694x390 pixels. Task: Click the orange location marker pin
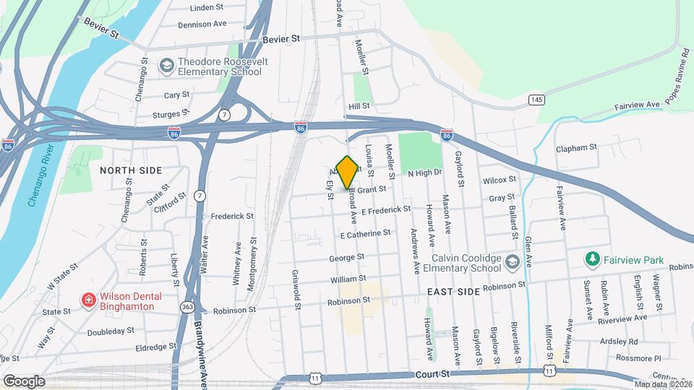coord(348,172)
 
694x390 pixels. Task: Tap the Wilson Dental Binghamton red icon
coord(89,300)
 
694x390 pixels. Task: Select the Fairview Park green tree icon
coord(592,259)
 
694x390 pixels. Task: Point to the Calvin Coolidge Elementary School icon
coord(513,261)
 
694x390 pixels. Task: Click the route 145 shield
coord(536,99)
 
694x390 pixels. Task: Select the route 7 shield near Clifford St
coord(200,196)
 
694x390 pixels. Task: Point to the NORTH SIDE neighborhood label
coord(131,170)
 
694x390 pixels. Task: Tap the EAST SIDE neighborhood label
coord(453,291)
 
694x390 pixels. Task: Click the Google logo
coord(23,381)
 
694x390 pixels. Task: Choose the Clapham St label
coord(576,147)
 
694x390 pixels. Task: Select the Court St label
coord(434,375)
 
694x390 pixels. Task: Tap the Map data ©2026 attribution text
coord(662,383)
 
